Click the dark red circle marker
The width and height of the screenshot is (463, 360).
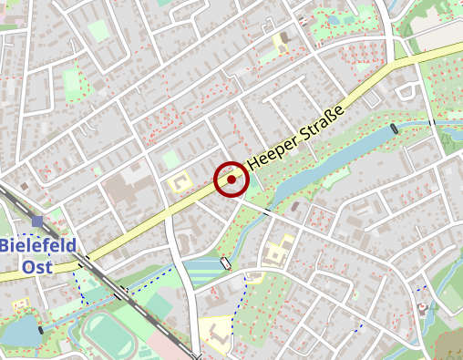231,180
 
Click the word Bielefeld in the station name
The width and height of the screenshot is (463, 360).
37,246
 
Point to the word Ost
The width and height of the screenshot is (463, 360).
36,266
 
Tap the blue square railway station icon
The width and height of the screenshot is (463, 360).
37,221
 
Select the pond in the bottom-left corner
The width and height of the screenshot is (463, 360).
20,333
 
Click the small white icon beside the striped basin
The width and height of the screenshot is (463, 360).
225,263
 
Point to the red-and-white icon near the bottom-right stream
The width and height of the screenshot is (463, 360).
421,308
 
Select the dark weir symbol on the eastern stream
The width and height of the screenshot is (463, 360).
394,129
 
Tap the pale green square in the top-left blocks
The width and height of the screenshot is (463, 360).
98,30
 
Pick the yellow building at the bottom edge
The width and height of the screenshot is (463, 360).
216,328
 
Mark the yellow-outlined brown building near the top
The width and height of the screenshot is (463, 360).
282,42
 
